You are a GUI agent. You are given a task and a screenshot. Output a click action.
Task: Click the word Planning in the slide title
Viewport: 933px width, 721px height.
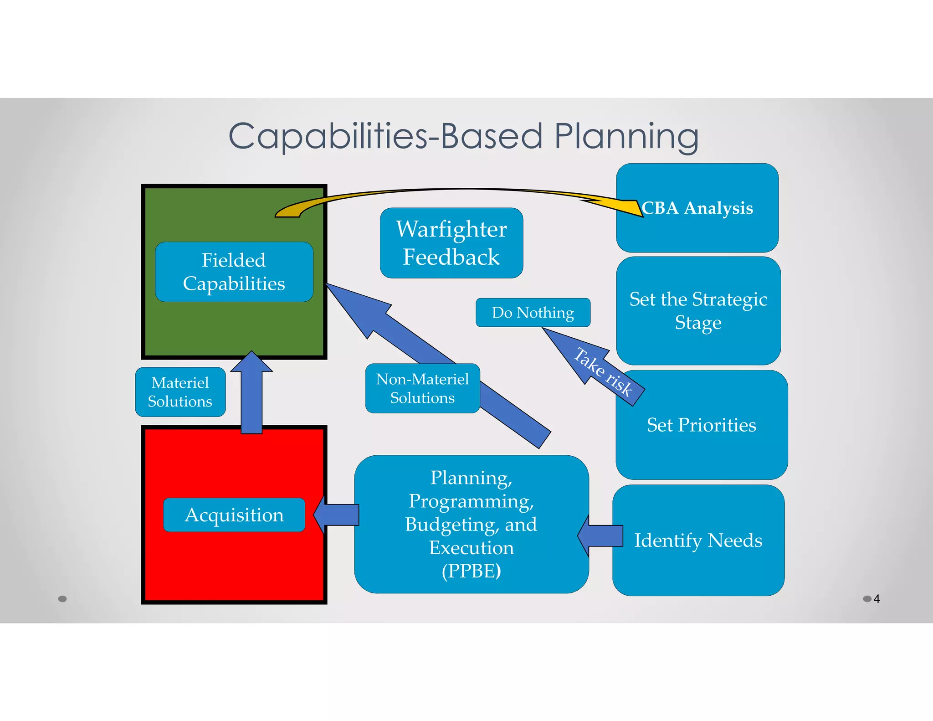tap(626, 137)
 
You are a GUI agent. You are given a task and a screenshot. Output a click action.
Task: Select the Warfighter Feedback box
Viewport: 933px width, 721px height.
tap(451, 243)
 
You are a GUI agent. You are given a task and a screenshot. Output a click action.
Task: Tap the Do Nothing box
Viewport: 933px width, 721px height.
tap(533, 313)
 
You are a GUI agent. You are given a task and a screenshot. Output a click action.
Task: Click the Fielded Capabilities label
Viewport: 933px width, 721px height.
tap(234, 272)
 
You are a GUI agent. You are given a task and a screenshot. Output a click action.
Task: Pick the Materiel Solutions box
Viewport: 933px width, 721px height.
tap(180, 392)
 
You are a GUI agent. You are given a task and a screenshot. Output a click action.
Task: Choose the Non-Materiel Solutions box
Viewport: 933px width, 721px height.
tap(422, 388)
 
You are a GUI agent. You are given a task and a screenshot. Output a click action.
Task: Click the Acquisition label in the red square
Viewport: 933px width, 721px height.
tap(234, 515)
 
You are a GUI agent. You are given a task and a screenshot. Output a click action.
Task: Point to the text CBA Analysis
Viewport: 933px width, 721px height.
tap(697, 208)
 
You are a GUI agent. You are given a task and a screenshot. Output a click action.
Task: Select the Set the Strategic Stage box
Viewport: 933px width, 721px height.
tap(698, 311)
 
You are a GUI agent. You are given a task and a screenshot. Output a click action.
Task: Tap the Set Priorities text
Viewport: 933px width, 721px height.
tap(701, 425)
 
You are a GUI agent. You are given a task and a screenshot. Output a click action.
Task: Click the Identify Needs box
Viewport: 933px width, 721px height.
tap(698, 541)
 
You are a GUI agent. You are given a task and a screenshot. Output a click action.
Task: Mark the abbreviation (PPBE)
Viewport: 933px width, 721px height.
tap(471, 571)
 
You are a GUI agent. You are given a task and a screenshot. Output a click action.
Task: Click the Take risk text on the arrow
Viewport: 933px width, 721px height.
tap(603, 371)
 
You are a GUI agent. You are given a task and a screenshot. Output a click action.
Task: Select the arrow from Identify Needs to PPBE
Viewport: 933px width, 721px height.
tap(601, 536)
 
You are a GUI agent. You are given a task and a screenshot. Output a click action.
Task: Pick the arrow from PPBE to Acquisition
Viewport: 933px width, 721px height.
tap(337, 515)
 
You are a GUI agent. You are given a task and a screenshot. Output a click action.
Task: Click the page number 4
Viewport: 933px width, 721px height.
tap(877, 599)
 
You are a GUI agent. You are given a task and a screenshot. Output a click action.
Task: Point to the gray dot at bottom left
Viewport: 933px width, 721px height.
tap(62, 599)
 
